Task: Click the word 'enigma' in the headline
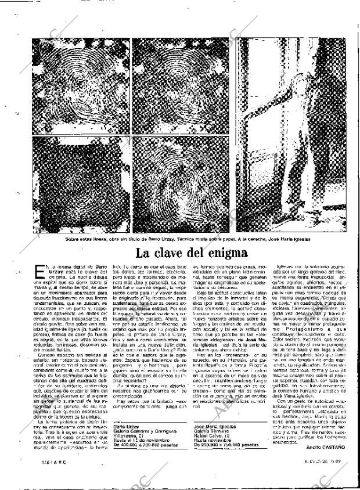(223, 253)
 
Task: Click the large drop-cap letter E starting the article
(38, 269)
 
